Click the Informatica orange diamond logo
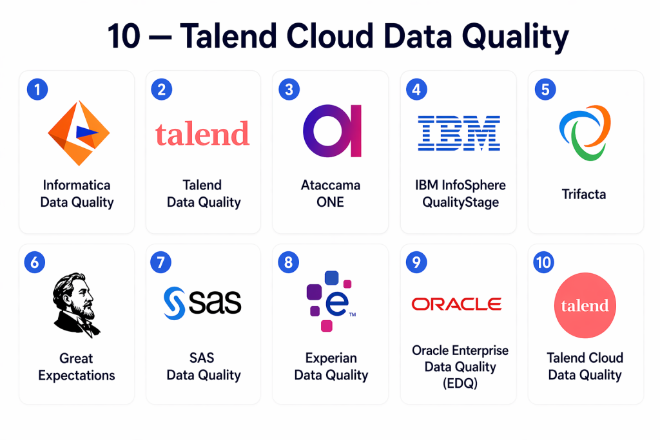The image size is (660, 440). pyautogui.click(x=79, y=133)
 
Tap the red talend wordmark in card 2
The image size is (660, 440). pyautogui.click(x=202, y=134)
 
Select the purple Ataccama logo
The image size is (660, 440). pyautogui.click(x=332, y=131)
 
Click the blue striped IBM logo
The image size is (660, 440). pyautogui.click(x=459, y=133)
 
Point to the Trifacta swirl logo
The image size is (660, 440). pyautogui.click(x=585, y=133)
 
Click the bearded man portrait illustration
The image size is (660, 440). pyautogui.click(x=76, y=305)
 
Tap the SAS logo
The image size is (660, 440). pyautogui.click(x=202, y=303)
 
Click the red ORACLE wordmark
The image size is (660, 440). pyautogui.click(x=457, y=303)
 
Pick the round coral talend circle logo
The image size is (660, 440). pyautogui.click(x=585, y=305)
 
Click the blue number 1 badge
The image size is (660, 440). pyautogui.click(x=37, y=89)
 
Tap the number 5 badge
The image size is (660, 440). pyautogui.click(x=545, y=89)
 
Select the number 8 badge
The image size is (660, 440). pyautogui.click(x=289, y=262)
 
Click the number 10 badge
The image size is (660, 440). pyautogui.click(x=543, y=262)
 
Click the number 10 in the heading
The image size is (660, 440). pyautogui.click(x=124, y=36)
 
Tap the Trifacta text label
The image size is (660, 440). pyautogui.click(x=584, y=194)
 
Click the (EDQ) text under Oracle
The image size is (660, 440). pyautogui.click(x=460, y=383)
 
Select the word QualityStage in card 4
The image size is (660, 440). pyautogui.click(x=460, y=202)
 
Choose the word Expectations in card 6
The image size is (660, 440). pyautogui.click(x=77, y=375)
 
